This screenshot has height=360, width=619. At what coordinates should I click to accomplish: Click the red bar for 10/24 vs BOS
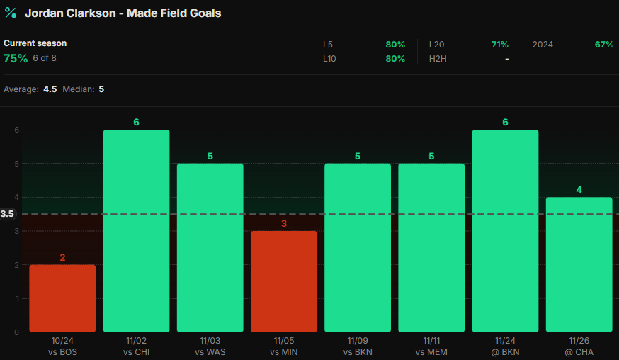62,298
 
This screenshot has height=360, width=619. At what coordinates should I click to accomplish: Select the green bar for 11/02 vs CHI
136,231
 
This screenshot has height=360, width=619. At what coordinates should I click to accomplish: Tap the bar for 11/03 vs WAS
210,248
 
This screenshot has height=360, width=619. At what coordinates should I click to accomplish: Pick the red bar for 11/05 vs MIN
284,281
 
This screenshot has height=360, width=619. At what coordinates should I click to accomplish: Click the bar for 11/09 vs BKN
358,248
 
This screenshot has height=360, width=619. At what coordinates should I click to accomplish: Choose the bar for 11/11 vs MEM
431,248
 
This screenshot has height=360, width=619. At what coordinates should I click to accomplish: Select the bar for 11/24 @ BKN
505,231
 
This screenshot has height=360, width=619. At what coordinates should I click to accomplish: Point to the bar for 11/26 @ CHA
579,264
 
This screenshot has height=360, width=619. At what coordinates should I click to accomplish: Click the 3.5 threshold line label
8,214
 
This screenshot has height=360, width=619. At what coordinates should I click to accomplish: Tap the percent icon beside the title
11,13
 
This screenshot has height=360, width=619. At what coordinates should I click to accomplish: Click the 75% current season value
16,58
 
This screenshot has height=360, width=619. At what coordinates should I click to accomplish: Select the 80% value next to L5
395,44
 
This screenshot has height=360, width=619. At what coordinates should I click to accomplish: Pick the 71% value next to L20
500,44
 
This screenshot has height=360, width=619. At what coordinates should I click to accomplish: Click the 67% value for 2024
604,44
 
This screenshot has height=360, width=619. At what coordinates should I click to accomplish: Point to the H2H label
438,59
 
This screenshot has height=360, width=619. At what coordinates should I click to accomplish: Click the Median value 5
101,89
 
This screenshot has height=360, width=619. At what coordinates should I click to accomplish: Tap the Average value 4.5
50,89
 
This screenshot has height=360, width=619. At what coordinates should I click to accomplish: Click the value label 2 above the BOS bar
62,257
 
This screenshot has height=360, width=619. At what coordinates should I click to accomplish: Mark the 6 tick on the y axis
16,130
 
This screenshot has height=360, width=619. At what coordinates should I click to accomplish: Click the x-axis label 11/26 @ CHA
579,347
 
